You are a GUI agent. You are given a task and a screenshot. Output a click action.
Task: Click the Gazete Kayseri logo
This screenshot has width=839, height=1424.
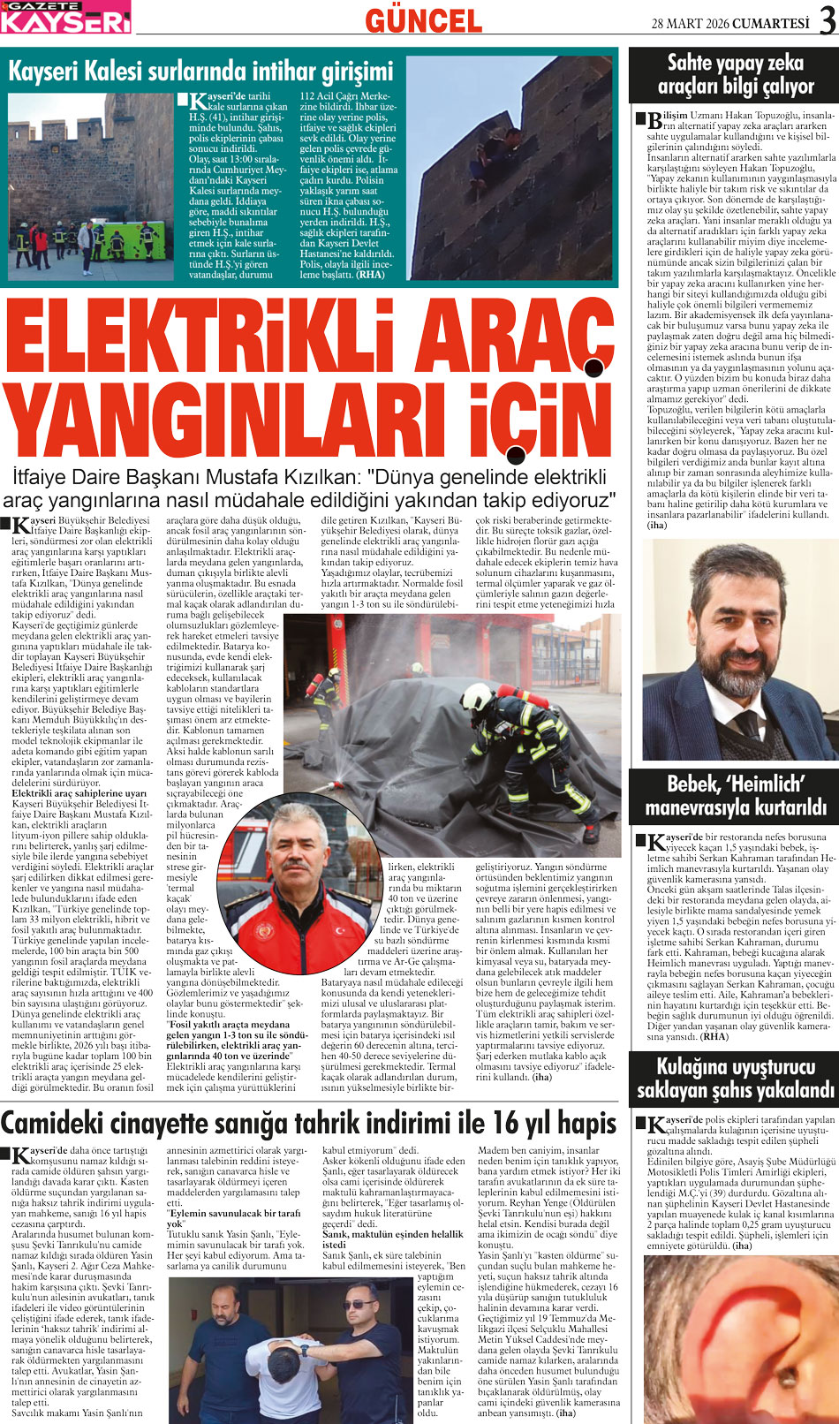[x=66, y=17]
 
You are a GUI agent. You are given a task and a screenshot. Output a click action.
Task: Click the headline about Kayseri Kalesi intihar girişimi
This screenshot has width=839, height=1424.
[x=200, y=71]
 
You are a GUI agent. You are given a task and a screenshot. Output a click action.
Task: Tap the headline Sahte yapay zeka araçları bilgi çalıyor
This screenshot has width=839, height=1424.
[x=734, y=74]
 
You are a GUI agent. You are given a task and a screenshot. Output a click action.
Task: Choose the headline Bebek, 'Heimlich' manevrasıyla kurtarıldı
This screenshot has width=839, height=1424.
[x=734, y=795]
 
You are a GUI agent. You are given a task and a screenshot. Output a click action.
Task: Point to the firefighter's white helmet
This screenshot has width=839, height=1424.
[x=476, y=697]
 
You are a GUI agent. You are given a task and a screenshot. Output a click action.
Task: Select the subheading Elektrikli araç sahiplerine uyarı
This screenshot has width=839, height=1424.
[x=79, y=793]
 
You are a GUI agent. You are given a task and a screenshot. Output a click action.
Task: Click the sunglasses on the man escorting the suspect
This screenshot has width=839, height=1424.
[x=360, y=1305]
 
